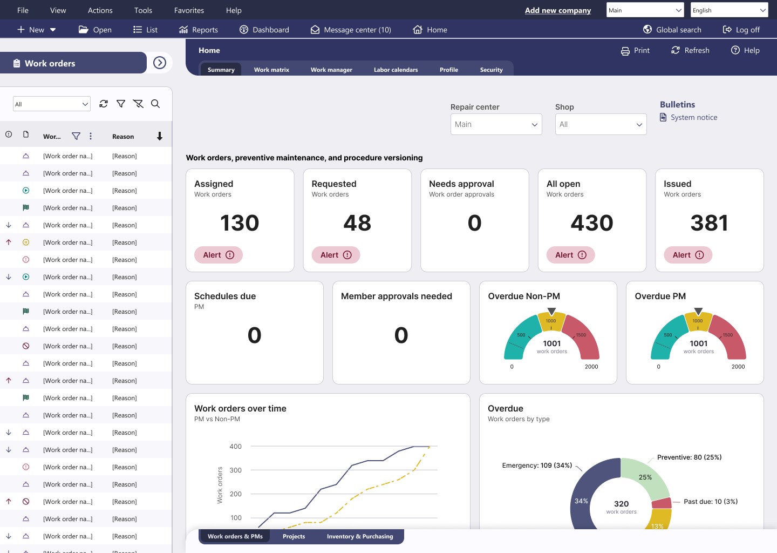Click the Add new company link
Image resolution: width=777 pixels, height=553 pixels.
point(557,10)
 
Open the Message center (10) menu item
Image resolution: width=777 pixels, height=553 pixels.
point(351,30)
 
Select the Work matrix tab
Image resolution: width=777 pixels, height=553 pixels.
point(271,70)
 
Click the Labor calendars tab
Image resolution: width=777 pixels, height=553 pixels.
point(396,70)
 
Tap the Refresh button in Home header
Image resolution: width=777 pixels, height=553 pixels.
point(690,50)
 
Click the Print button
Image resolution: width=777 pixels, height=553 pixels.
point(635,50)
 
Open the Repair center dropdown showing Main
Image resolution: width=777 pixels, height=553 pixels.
point(496,124)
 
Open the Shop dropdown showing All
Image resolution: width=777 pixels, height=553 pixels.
point(601,124)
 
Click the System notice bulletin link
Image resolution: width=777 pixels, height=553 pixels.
point(693,117)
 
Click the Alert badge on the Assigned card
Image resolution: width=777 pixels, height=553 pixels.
point(219,255)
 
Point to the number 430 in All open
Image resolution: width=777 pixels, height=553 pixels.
point(592,223)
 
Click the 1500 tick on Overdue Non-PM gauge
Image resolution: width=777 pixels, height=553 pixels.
point(581,335)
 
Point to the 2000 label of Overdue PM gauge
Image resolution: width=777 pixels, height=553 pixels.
point(738,367)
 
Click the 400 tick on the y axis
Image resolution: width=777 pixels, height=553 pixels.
point(236,447)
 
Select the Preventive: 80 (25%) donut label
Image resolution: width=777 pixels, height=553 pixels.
point(689,457)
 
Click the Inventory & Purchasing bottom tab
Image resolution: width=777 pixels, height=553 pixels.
point(360,536)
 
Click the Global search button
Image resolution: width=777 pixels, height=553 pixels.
point(672,30)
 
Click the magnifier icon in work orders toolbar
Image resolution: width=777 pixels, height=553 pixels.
point(155,104)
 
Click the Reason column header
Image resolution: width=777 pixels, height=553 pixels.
point(123,137)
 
